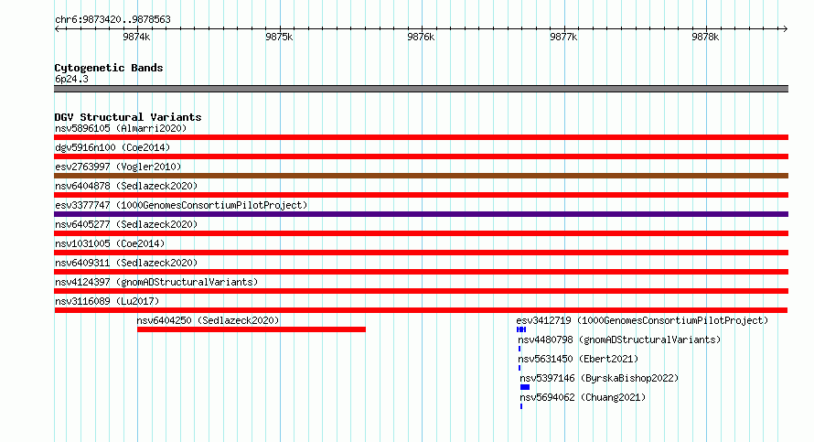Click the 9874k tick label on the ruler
click(136, 37)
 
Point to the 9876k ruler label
click(421, 37)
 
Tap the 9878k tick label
click(705, 37)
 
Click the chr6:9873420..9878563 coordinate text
click(112, 19)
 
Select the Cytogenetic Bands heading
click(109, 68)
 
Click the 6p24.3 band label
click(71, 79)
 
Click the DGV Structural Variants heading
click(128, 117)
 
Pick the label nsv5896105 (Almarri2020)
click(121, 128)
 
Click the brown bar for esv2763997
click(421, 176)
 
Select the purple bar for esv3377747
click(421, 214)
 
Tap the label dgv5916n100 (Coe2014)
click(112, 147)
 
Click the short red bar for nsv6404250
click(252, 329)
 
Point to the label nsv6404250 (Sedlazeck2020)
click(208, 320)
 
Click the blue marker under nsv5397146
click(525, 387)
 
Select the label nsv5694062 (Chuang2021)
click(583, 397)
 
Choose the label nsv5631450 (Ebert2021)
click(578, 359)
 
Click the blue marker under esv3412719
click(521, 329)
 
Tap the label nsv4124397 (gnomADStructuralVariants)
click(156, 282)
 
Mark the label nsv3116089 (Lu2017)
click(107, 301)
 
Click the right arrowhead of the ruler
click(786, 28)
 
